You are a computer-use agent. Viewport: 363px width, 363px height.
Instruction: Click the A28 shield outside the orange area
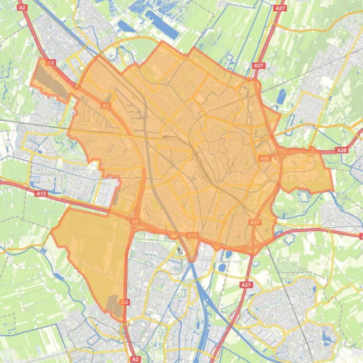341,150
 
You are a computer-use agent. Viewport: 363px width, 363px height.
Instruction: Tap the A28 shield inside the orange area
264,158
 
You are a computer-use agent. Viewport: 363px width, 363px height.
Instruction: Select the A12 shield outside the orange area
41,193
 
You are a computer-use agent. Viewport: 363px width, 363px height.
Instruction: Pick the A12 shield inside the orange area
192,235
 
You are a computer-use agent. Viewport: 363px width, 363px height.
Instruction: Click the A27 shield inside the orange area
254,222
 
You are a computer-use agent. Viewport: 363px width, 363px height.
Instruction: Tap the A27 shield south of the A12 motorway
246,285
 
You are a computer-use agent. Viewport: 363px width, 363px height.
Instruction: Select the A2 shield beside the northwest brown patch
51,62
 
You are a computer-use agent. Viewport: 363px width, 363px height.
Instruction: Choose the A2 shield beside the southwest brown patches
125,302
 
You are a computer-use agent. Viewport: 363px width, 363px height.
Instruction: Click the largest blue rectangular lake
161,25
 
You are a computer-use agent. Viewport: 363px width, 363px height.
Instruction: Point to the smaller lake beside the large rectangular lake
126,26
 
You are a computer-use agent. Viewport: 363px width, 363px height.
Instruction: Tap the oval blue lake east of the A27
282,96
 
